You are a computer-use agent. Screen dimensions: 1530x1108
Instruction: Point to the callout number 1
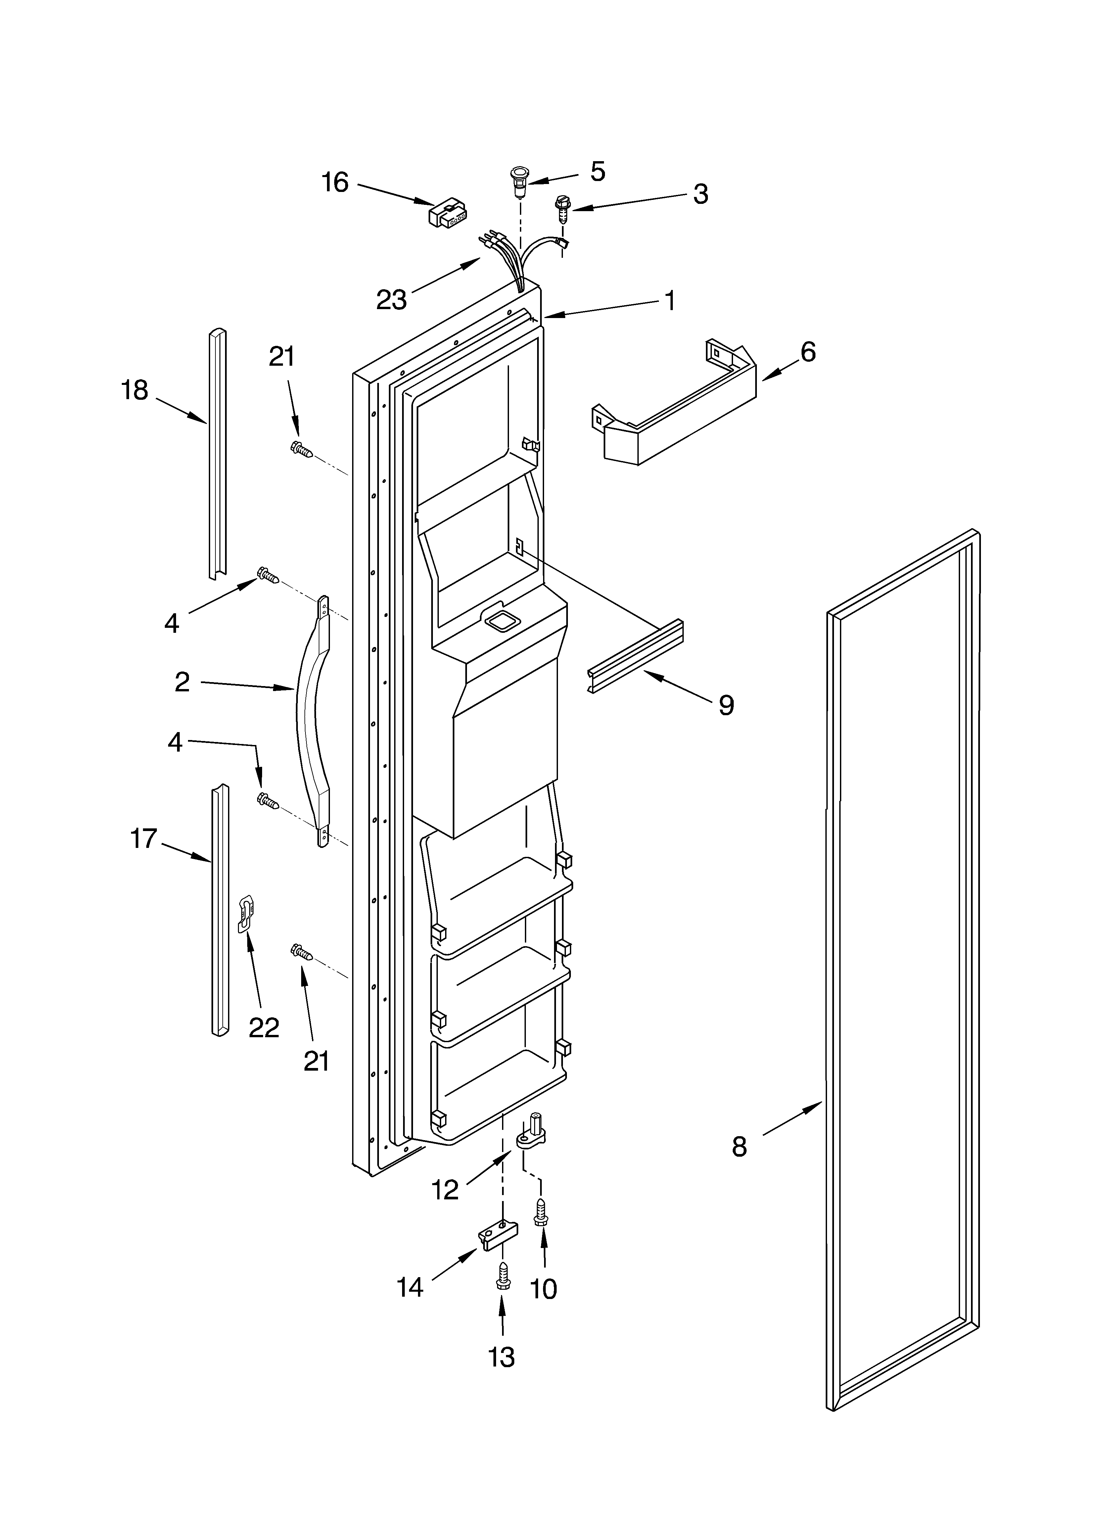[669, 300]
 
